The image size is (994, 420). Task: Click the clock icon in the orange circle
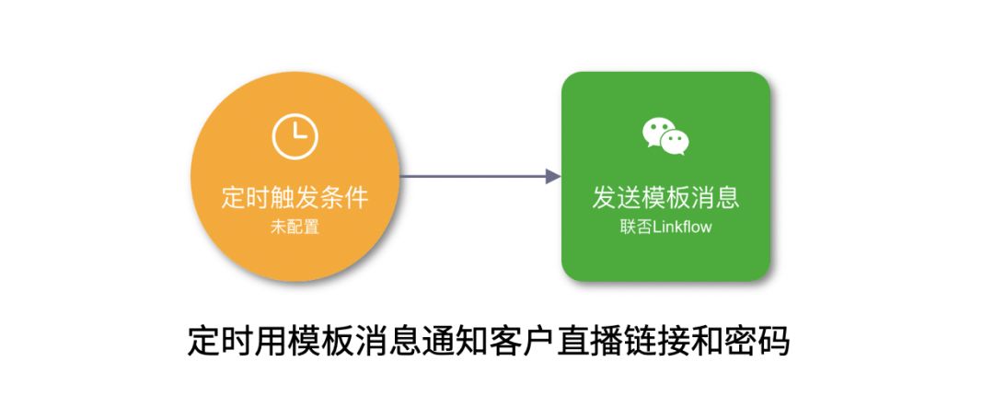[x=295, y=136]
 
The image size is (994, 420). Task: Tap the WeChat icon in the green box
[x=665, y=135]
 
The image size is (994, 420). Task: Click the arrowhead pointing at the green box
[x=553, y=176]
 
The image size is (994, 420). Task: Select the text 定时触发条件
[x=295, y=198]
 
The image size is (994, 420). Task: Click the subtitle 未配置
[x=295, y=227]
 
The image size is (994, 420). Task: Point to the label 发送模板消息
[x=665, y=198]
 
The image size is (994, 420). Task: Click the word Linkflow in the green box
[x=682, y=227]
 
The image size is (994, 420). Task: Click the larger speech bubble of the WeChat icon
[x=657, y=131]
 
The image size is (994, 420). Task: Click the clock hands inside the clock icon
[x=297, y=135]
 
